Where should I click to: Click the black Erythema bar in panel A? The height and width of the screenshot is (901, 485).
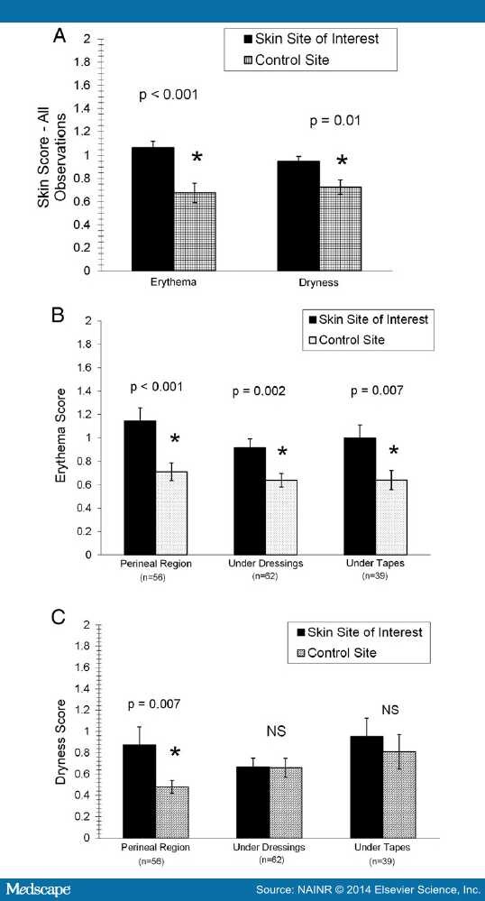coord(152,208)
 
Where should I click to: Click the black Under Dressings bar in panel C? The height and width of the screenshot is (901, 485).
coord(252,802)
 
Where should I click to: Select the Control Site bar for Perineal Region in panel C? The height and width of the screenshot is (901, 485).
coord(172,812)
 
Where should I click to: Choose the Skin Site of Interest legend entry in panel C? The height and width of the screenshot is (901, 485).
coord(372,631)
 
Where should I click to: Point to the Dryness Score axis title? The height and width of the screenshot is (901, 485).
coord(62,731)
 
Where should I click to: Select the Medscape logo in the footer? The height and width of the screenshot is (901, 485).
coord(37,890)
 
